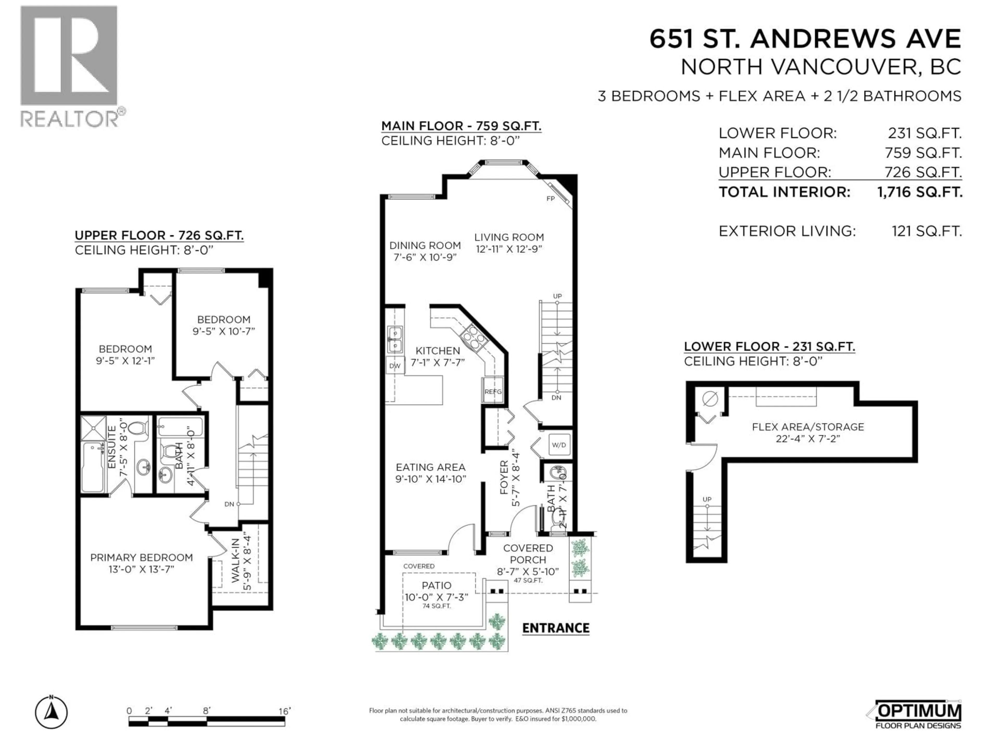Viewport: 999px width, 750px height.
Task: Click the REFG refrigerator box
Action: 493,391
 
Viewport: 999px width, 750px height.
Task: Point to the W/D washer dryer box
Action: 559,445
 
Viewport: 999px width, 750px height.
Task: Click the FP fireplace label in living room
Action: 550,198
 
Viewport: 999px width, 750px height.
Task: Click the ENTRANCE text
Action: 555,628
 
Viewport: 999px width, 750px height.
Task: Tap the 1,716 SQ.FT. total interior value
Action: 919,192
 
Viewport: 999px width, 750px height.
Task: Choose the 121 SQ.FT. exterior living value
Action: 926,232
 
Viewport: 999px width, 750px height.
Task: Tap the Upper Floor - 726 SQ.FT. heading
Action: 159,235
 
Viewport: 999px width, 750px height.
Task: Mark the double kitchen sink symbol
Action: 395,340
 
